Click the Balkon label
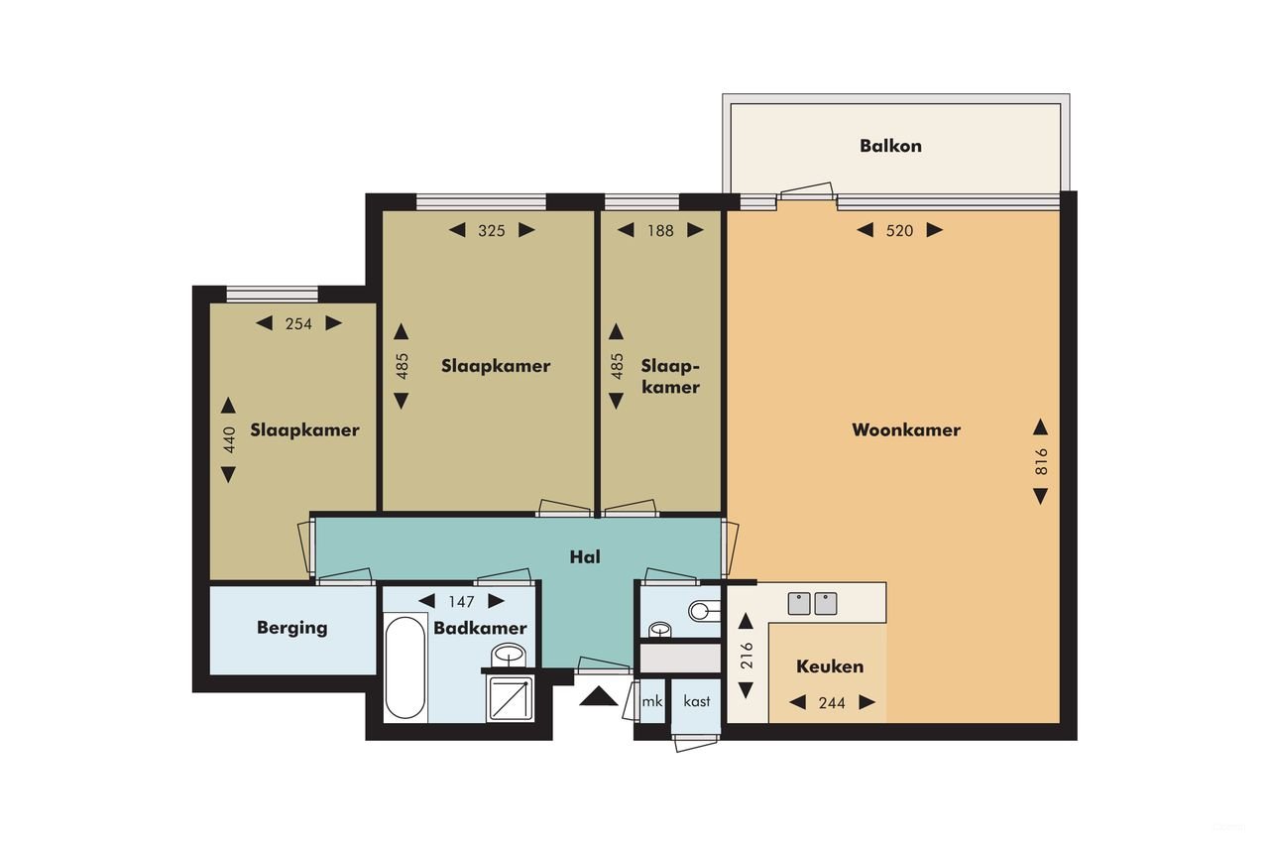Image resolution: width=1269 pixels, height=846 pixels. [890, 146]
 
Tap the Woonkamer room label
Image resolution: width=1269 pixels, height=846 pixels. [906, 430]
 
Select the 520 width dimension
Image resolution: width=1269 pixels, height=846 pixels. [899, 231]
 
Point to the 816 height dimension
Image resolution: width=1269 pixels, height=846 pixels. [1041, 461]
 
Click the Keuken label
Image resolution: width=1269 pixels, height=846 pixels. [830, 666]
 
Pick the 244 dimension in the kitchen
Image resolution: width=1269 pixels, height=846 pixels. [832, 703]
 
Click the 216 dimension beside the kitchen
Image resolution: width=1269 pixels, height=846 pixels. [748, 657]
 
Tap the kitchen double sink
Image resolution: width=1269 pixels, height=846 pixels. [813, 603]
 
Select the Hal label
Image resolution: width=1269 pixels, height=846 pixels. [585, 557]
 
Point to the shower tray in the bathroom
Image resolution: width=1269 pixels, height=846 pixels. [510, 699]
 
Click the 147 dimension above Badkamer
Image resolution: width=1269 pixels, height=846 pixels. [462, 601]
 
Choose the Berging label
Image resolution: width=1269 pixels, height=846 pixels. [291, 628]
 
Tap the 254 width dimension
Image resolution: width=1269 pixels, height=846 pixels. [298, 323]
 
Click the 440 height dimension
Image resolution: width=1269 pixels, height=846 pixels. [229, 439]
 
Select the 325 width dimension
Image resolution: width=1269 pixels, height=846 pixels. [492, 231]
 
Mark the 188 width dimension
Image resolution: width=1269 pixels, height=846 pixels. [660, 231]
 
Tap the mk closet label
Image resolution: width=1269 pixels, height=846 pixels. [651, 701]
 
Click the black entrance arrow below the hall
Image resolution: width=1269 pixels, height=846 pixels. [598, 696]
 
